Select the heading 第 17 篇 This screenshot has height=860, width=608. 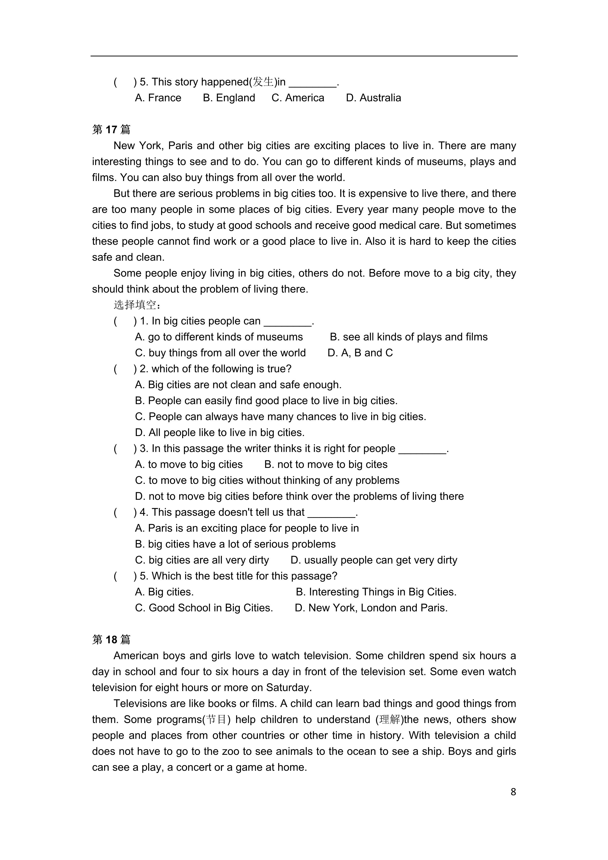click(x=111, y=129)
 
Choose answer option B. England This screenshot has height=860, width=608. click(x=229, y=98)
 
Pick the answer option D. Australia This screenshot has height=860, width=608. click(x=373, y=98)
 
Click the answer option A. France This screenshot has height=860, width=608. click(x=158, y=98)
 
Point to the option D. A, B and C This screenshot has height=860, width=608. click(x=360, y=353)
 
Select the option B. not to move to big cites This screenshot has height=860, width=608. click(x=326, y=464)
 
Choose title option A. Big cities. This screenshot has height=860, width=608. click(x=164, y=592)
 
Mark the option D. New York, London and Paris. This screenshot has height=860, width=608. click(x=371, y=608)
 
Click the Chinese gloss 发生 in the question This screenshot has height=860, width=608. click(x=263, y=82)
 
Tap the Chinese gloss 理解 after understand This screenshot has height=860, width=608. click(x=390, y=719)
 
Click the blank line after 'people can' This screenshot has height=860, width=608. click(x=288, y=322)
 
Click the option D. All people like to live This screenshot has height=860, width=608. click(x=220, y=433)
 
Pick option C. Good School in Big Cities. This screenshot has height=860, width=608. click(x=204, y=608)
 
